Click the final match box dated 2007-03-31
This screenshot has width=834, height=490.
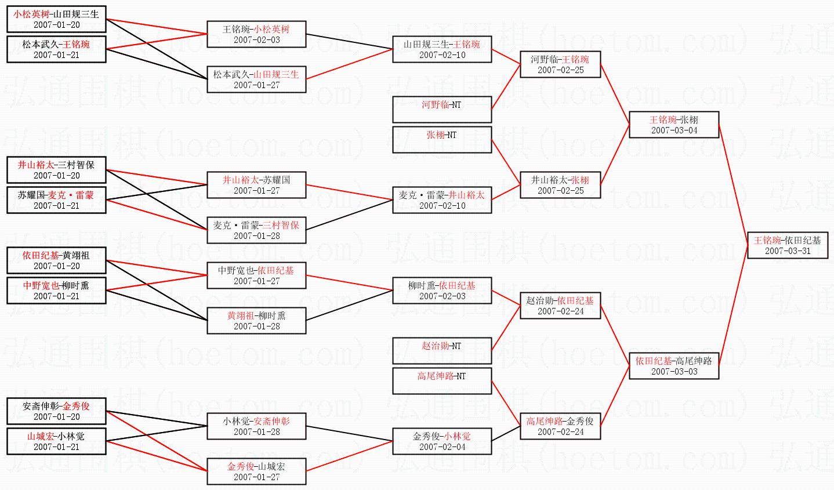[788, 245]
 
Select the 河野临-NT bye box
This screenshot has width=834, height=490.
[442, 110]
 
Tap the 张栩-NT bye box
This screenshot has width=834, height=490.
[442, 140]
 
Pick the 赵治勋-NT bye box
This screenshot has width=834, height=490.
[442, 351]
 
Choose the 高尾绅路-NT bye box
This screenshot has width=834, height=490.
[442, 381]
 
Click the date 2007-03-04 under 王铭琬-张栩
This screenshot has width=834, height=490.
[675, 130]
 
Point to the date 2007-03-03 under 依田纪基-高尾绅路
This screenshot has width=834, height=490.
[675, 371]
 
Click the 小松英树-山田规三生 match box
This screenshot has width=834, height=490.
[57, 19]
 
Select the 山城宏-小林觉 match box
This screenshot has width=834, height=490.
[57, 441]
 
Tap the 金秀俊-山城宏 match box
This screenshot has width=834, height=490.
[256, 471]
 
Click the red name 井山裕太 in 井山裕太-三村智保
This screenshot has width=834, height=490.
[36, 165]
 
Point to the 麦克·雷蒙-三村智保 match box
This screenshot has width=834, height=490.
[256, 230]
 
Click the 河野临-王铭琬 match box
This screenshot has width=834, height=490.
[560, 64]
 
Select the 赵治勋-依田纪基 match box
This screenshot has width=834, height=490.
[560, 306]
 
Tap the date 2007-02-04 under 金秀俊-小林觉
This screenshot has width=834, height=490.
[443, 447]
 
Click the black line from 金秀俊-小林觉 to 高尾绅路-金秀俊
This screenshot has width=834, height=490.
[506, 434]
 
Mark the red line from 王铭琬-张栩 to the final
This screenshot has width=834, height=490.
[733, 184]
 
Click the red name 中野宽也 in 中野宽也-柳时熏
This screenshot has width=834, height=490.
[41, 285]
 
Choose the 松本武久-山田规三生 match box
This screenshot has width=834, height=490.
[256, 79]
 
